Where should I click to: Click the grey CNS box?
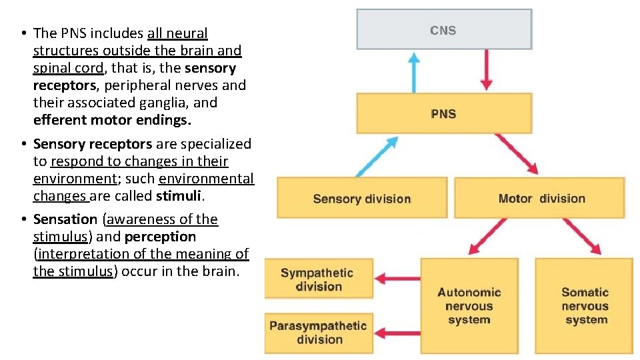coord(444,29)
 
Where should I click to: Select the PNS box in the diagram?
coord(444,113)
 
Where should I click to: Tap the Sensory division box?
coord(362,198)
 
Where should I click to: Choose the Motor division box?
coord(541,198)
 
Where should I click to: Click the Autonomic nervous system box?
coord(469,306)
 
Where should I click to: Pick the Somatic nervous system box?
coord(584,306)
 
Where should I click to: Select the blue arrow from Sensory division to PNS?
coord(377,157)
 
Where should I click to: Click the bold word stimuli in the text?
coord(179,196)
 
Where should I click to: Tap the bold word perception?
coord(160,237)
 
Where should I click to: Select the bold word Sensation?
coord(65,219)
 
